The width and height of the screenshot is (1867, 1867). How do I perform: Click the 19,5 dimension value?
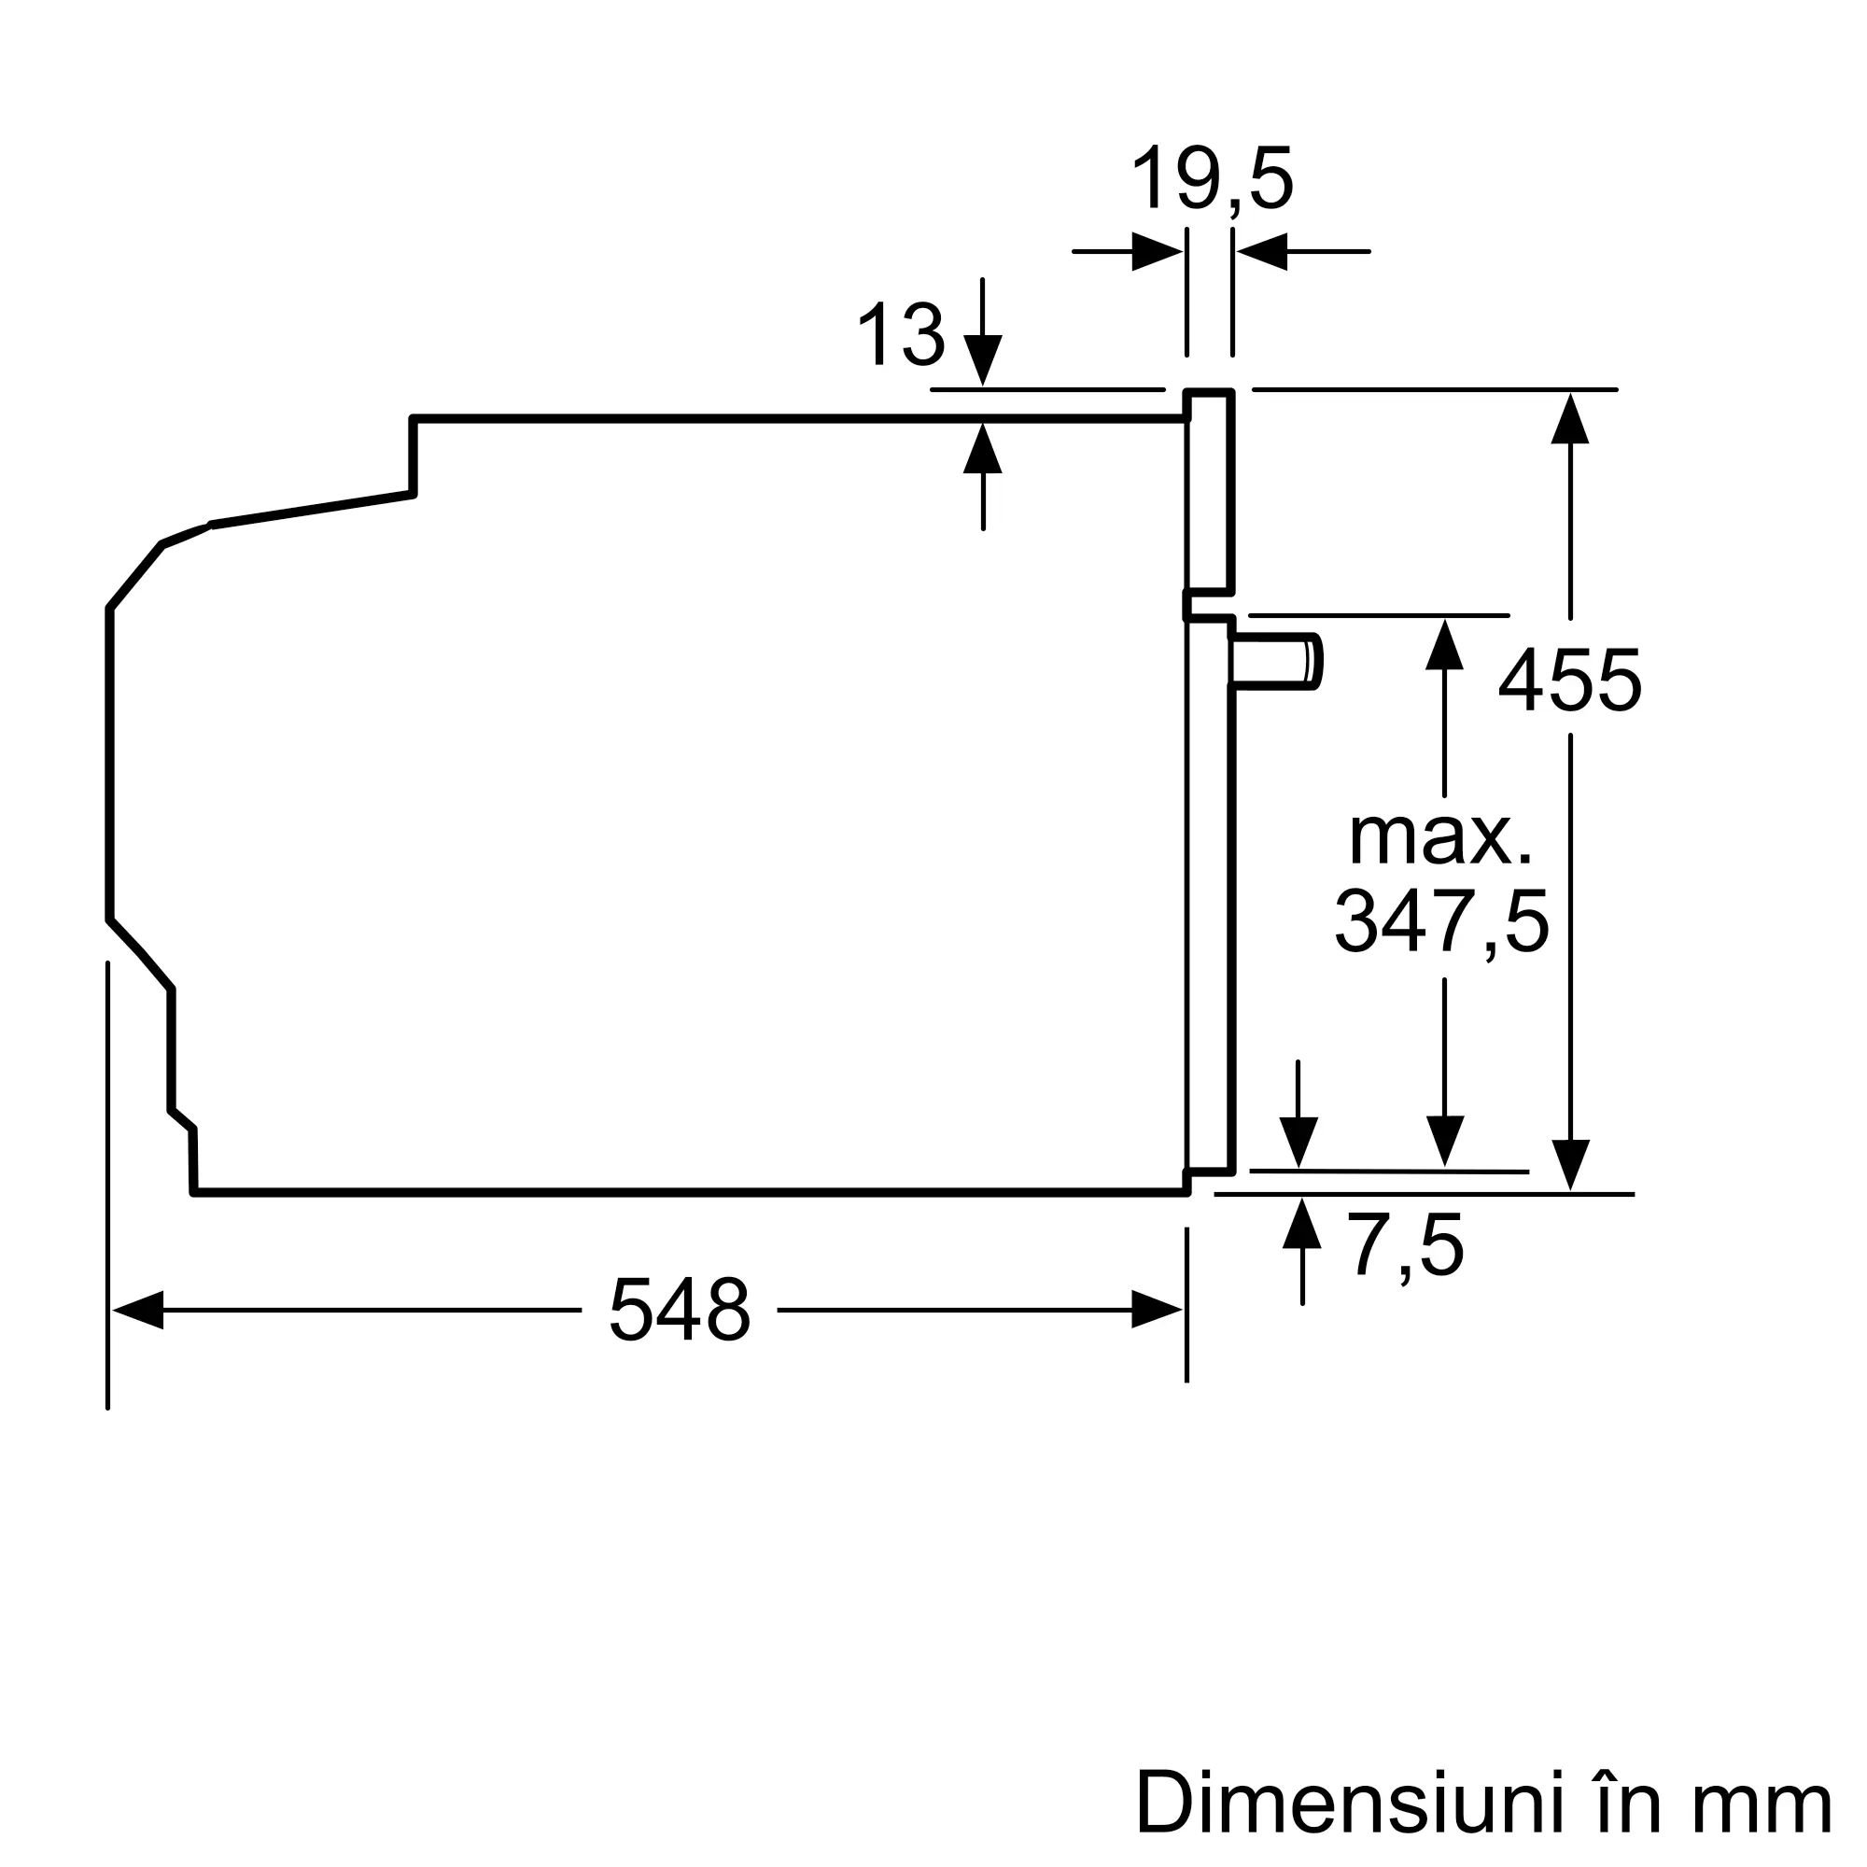point(1212,179)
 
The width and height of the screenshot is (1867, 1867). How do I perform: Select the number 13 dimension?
point(901,334)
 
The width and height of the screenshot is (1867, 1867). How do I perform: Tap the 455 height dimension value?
point(1569,681)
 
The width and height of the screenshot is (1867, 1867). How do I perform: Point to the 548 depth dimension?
point(680,1310)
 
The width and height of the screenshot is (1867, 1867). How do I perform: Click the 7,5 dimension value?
point(1405,1247)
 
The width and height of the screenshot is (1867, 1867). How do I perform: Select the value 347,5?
point(1442,922)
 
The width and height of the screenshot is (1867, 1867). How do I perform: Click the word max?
point(1439,836)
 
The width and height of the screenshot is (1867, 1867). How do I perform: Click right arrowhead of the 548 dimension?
point(1157,1310)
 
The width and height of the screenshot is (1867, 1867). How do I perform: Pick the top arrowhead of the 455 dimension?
point(1570,418)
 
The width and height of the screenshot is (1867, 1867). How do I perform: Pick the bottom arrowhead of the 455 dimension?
point(1570,1164)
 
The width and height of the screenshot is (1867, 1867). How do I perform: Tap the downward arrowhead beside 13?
point(983,359)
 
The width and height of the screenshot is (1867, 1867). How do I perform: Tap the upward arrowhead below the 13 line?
point(983,448)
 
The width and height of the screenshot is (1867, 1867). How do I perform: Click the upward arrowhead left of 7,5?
point(1301,1224)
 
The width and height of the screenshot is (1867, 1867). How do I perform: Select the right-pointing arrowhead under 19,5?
point(1157,251)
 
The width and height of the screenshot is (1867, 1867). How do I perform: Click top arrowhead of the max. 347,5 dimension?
point(1444,644)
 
